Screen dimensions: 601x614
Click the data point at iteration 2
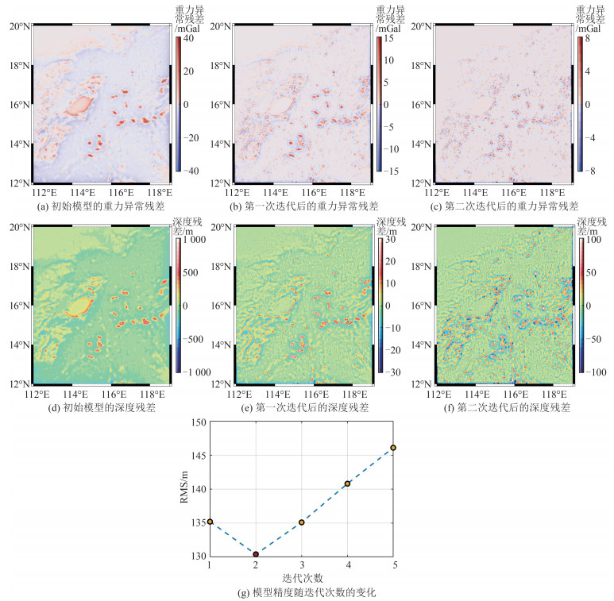click(x=256, y=554)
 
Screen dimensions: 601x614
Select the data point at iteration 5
click(x=393, y=448)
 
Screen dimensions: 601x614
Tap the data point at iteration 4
click(x=348, y=483)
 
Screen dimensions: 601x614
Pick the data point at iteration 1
click(x=210, y=522)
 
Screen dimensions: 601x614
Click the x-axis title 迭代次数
click(x=301, y=577)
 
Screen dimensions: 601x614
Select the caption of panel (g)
click(x=301, y=592)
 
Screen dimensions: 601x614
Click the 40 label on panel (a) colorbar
click(x=189, y=37)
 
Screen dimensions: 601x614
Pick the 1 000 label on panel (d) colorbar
click(x=192, y=240)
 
